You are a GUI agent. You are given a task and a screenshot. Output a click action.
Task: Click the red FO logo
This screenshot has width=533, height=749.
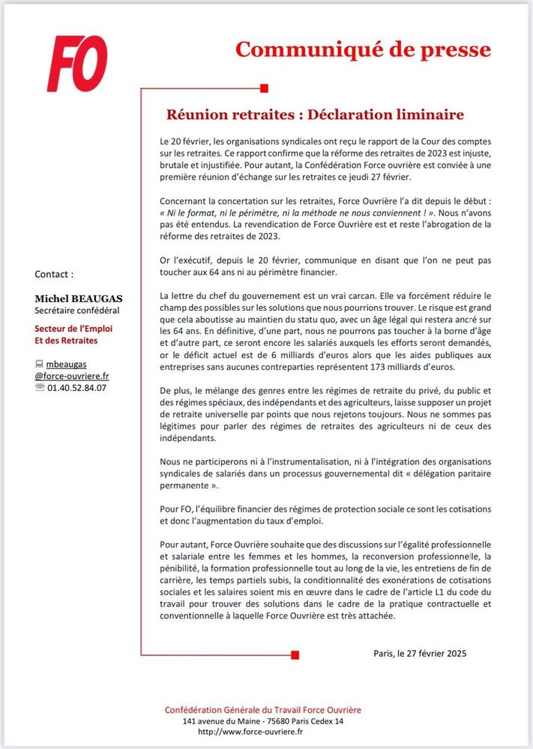point(77,64)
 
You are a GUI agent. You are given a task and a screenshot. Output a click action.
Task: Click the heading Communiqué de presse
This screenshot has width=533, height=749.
point(364,49)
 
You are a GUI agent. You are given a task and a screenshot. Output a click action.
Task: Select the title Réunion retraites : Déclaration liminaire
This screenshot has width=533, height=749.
point(315,115)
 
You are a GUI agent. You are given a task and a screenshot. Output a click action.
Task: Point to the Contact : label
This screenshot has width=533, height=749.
point(55,274)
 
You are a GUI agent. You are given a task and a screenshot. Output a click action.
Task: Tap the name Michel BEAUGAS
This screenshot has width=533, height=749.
point(78,298)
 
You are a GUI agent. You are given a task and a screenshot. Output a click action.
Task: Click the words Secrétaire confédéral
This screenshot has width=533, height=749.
point(77,310)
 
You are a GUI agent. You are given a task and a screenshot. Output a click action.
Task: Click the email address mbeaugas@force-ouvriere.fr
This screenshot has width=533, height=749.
point(71,370)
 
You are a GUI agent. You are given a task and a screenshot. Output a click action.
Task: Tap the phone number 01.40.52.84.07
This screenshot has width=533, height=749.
point(77,387)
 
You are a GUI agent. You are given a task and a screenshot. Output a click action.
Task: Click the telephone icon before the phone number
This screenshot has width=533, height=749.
point(40,387)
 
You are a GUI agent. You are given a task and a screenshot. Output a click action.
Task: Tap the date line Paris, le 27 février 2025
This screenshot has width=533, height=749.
point(420,653)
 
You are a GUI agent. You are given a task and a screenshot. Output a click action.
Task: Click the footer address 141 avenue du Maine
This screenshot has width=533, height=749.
point(220,721)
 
